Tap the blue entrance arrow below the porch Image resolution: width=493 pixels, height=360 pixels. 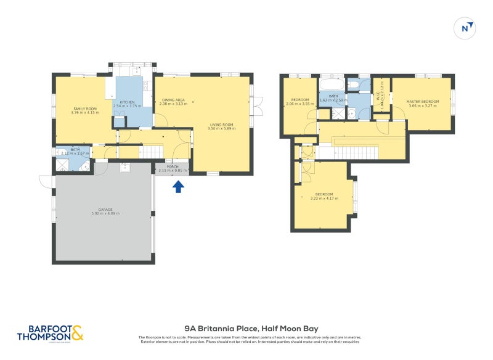point(178,186)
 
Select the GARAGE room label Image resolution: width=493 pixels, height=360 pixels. point(105,211)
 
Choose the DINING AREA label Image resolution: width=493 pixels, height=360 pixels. point(173,102)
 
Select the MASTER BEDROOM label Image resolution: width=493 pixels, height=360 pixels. point(422,103)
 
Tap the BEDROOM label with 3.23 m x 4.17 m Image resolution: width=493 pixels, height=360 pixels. point(323,196)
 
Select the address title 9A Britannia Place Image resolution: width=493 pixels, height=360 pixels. point(251,329)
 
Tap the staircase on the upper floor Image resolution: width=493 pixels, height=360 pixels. point(357,152)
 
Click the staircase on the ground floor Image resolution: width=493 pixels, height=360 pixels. point(153,152)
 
